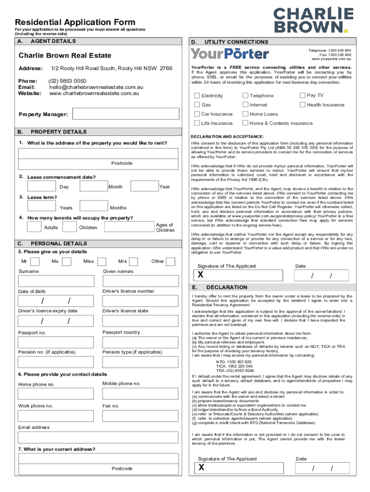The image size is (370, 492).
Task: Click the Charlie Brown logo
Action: click(x=313, y=20)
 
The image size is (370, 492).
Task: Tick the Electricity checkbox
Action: click(x=197, y=96)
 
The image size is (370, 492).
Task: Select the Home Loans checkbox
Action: click(x=245, y=114)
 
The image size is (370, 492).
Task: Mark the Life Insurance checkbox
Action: click(x=197, y=123)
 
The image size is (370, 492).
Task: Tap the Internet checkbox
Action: click(x=245, y=105)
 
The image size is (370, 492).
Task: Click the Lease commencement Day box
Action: click(x=42, y=186)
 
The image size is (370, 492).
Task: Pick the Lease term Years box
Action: click(x=42, y=207)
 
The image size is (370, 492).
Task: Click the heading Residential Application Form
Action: click(x=75, y=22)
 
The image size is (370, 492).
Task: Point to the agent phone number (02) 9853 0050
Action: click(x=68, y=81)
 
